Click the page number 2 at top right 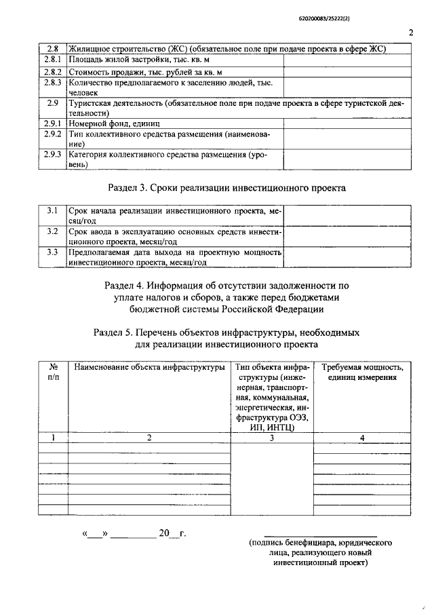[411, 32]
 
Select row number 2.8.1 [52, 60]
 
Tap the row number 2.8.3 [52, 82]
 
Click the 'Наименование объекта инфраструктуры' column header [149, 368]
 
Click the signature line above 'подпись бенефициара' [319, 535]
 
